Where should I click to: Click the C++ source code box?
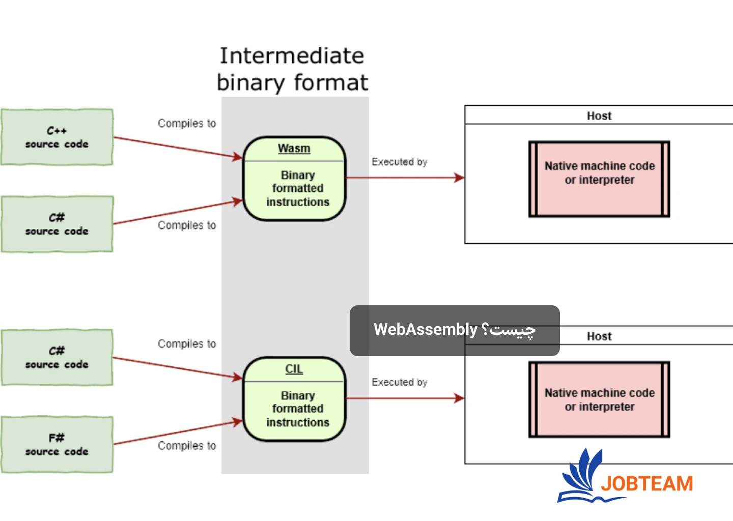coord(57,137)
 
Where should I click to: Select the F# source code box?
coord(57,445)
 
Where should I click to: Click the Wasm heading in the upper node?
coord(294,149)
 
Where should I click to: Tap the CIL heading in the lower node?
coord(294,369)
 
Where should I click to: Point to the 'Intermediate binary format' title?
coord(292,69)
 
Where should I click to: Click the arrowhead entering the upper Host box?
coord(459,178)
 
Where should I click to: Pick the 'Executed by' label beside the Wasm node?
coord(399,162)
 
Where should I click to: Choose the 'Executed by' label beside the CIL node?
coord(399,382)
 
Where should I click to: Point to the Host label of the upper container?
coord(599,116)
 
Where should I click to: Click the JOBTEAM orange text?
coord(647,483)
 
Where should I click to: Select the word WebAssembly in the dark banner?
coord(425,330)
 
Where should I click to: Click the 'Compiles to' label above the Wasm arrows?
coord(187,124)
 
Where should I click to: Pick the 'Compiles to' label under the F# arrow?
coord(187,446)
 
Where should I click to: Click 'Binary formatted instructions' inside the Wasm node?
coord(298,189)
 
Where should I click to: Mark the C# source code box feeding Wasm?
coord(57,224)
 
